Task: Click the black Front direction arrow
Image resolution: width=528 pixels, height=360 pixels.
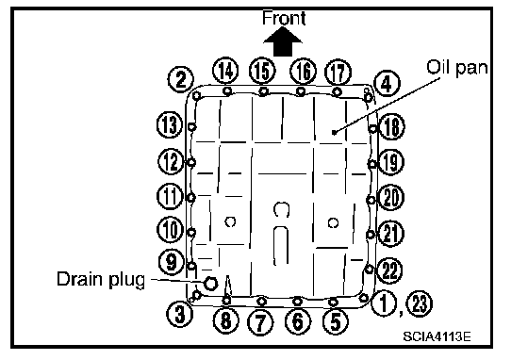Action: [x=283, y=41]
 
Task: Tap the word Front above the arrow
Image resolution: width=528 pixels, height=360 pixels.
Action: [x=284, y=18]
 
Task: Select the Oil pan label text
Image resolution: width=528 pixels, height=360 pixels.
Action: [x=457, y=68]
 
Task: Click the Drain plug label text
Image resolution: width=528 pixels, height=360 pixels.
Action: [x=101, y=279]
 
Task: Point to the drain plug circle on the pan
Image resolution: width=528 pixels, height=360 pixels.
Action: [x=210, y=283]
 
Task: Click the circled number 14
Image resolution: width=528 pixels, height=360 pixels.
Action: [x=225, y=71]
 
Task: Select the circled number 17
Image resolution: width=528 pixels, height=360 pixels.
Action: [x=338, y=73]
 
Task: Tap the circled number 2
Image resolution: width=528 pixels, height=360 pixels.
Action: [x=181, y=80]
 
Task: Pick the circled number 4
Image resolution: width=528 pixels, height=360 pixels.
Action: [x=387, y=84]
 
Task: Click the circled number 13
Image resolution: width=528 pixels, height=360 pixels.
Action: [x=170, y=124]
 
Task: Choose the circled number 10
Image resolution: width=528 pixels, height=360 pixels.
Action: [x=170, y=229]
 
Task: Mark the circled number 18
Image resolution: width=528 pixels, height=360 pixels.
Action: [x=391, y=127]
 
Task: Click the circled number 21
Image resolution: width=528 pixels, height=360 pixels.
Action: [x=390, y=234]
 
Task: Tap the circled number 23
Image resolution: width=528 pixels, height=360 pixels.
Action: [x=420, y=303]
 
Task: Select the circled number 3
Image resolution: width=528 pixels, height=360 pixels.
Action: [x=180, y=314]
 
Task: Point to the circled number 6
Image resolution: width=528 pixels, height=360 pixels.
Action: [x=298, y=321]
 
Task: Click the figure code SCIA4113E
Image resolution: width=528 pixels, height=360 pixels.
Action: [x=437, y=336]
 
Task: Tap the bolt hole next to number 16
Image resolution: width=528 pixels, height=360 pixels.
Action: [x=301, y=91]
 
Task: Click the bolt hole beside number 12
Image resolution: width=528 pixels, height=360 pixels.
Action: [x=191, y=163]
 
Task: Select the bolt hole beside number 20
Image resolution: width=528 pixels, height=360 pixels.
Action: [x=371, y=200]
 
